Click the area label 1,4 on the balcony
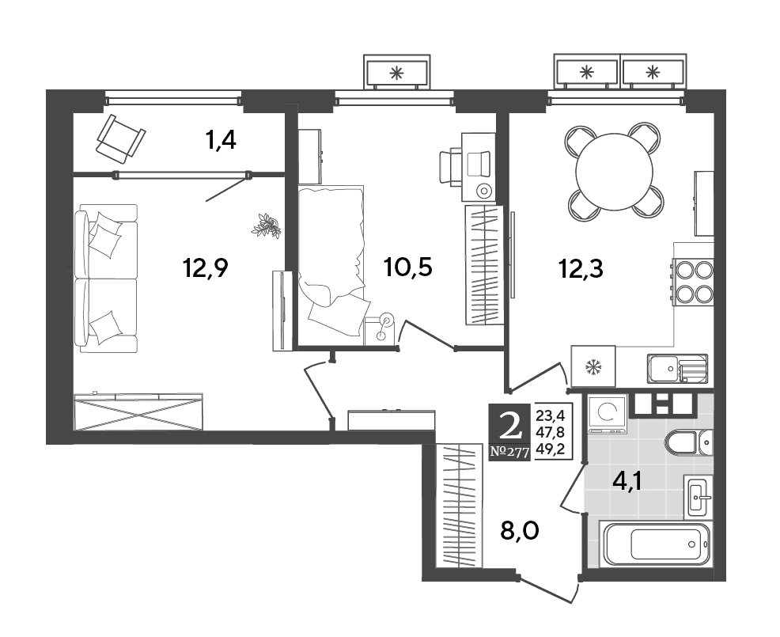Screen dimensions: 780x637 221,141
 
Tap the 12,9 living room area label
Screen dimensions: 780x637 206,269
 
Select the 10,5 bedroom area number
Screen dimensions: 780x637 408,267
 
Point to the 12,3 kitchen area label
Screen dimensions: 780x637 581,269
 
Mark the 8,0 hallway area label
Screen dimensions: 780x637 519,531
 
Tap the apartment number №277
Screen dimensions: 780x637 509,452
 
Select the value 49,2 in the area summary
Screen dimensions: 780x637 554,450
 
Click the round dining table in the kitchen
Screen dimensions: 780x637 614,171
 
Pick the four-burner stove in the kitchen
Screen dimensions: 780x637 693,281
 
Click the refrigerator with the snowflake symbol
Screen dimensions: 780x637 593,367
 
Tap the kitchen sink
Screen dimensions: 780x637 677,369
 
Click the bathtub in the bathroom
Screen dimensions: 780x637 655,544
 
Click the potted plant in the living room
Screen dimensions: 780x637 267,226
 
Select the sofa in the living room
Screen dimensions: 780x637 105,279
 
